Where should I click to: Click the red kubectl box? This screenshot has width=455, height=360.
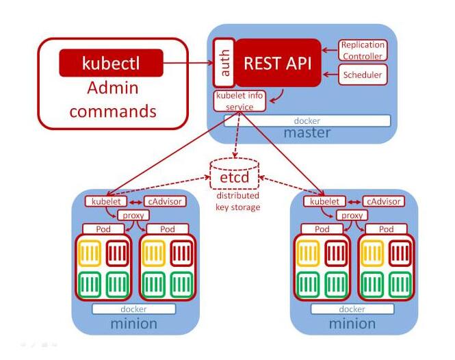tap(111, 63)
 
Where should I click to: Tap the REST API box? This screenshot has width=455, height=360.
tap(278, 63)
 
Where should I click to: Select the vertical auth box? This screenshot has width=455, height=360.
tap(224, 63)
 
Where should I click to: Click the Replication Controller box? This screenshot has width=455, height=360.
tap(363, 50)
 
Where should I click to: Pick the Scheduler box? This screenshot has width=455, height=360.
tap(363, 75)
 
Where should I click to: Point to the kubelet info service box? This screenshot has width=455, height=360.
tap(239, 101)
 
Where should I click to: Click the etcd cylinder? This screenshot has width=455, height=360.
tap(235, 174)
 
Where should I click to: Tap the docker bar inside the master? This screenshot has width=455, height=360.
tap(307, 120)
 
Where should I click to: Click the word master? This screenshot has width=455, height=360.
tap(307, 133)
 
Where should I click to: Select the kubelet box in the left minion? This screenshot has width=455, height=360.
tap(106, 201)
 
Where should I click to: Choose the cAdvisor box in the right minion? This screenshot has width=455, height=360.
tap(384, 201)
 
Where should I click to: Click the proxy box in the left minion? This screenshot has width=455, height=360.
tap(133, 216)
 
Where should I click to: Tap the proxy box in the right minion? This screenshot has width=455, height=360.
tap(352, 216)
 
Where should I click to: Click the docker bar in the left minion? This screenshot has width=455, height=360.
tap(134, 309)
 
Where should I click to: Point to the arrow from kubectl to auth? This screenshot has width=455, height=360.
tap(188, 63)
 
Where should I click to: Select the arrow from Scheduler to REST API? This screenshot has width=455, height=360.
tap(330, 75)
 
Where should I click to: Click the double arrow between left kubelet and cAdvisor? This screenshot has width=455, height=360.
tap(135, 202)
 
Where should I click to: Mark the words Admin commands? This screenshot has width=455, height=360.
tap(113, 99)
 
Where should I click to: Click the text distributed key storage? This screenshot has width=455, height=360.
tap(237, 201)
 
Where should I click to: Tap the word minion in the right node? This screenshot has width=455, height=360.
tap(352, 324)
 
